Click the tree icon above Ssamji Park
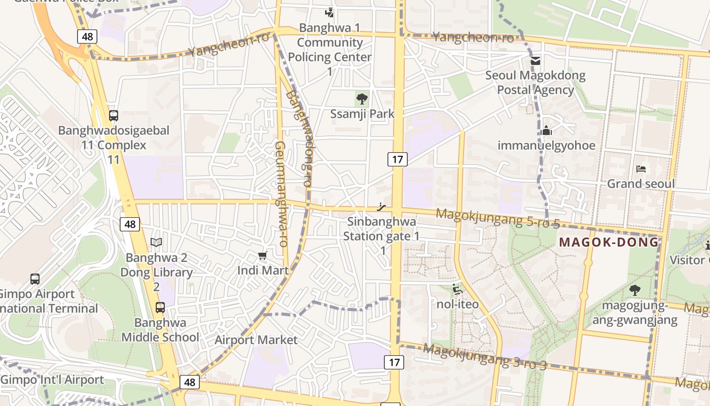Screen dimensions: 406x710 pyautogui.click(x=362, y=98)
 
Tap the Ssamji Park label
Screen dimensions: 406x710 pyautogui.click(x=362, y=114)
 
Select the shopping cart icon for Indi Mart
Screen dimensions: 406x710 pyautogui.click(x=262, y=255)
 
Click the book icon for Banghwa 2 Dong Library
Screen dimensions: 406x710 pyautogui.click(x=156, y=243)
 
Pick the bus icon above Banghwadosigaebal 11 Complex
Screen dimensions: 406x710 pyautogui.click(x=114, y=115)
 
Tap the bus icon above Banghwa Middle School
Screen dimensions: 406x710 pyautogui.click(x=160, y=307)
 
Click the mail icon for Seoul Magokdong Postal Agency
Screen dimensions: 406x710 pyautogui.click(x=535, y=61)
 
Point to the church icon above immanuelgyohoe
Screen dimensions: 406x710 pyautogui.click(x=546, y=130)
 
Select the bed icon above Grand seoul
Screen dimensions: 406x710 pyautogui.click(x=641, y=169)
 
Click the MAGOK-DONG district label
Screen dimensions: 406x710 pyautogui.click(x=609, y=242)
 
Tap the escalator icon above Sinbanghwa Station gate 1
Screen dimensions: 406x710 pyautogui.click(x=382, y=207)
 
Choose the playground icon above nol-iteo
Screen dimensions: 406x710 pyautogui.click(x=457, y=289)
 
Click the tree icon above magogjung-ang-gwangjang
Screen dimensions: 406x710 pyautogui.click(x=634, y=290)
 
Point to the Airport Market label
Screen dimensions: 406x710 pyautogui.click(x=256, y=340)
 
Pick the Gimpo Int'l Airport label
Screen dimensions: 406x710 pyautogui.click(x=52, y=380)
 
